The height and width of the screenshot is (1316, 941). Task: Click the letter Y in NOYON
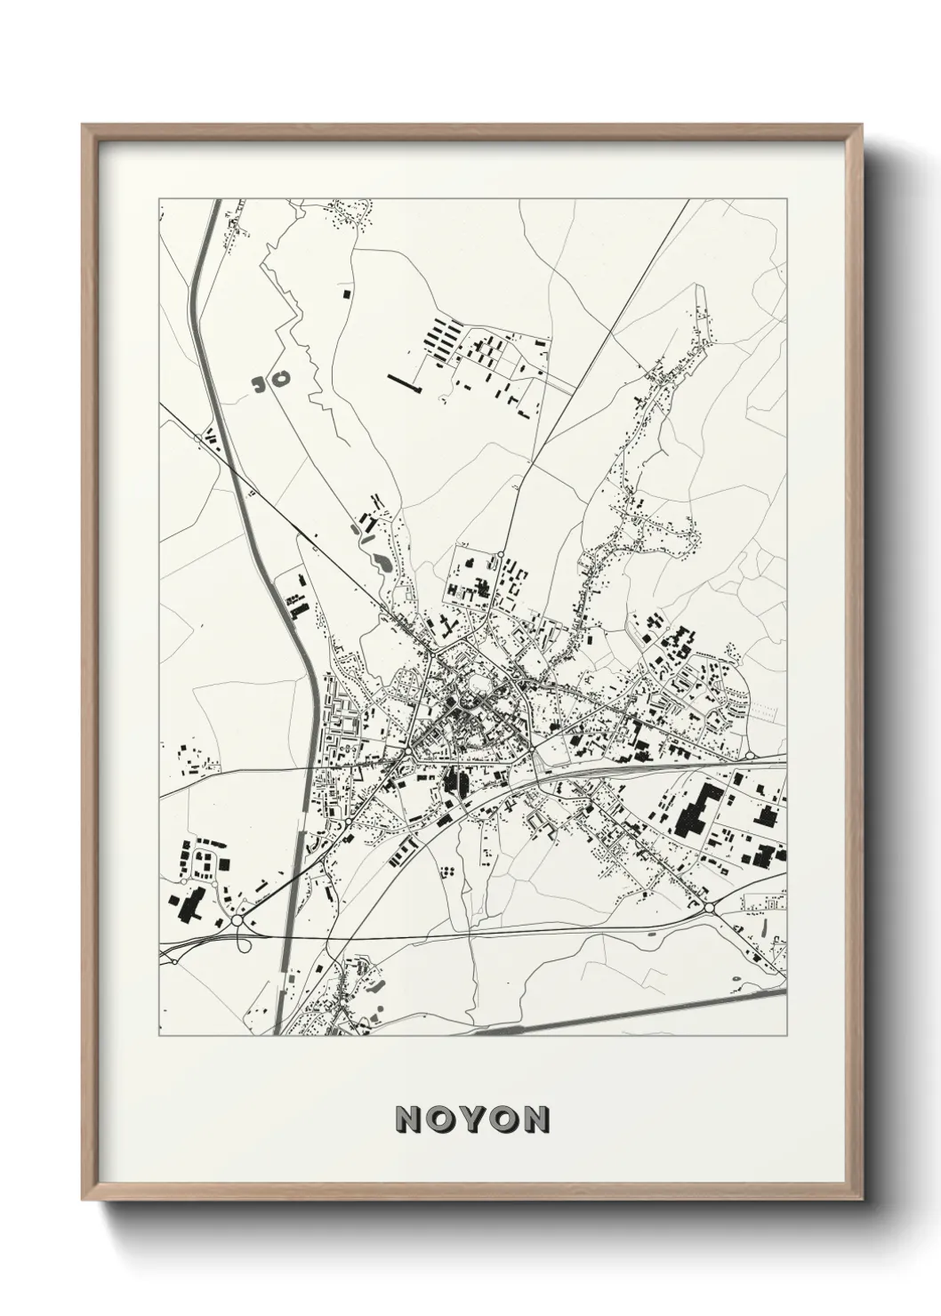coord(471,1119)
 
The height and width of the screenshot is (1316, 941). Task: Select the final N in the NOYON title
coord(535,1119)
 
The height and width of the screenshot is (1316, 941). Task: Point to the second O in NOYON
coord(503,1119)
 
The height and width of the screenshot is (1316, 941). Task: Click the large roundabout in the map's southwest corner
coord(237,921)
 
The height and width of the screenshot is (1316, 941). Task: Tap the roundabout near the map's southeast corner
coord(710,908)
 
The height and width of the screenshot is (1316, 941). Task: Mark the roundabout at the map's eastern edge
coord(750,755)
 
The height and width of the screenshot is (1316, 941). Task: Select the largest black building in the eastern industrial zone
coord(695,809)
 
